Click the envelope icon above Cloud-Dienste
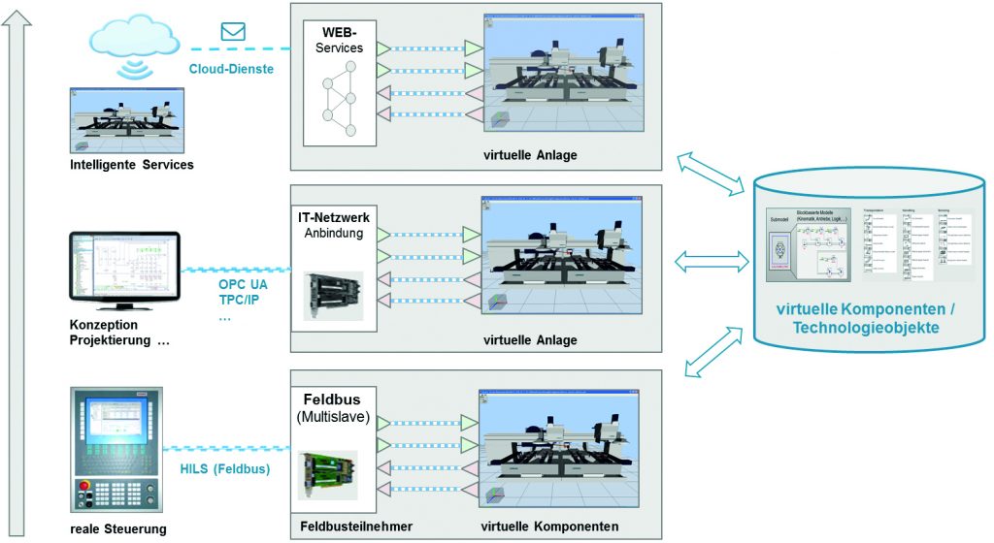click(233, 31)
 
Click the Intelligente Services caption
click(131, 165)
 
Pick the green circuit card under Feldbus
click(326, 474)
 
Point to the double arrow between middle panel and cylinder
click(711, 261)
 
